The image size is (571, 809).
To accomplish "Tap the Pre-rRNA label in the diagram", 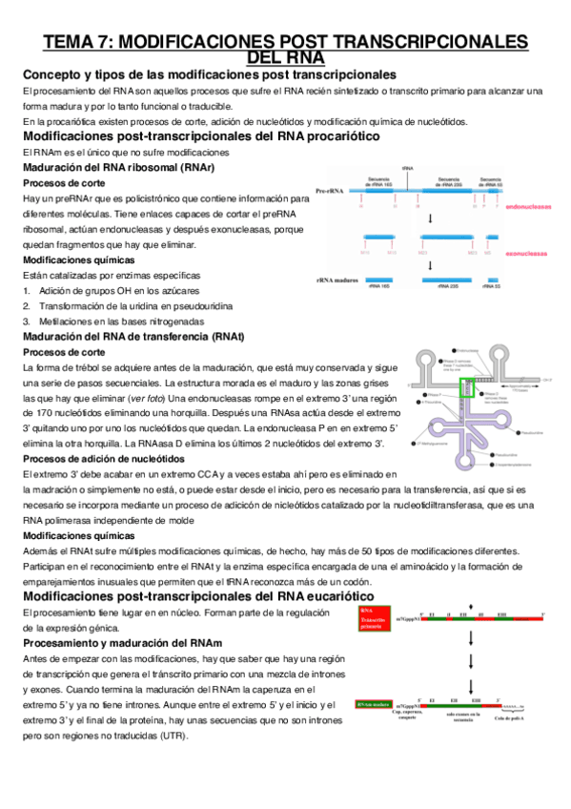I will point(330,190).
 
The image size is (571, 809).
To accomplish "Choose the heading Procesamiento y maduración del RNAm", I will point(121,644).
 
